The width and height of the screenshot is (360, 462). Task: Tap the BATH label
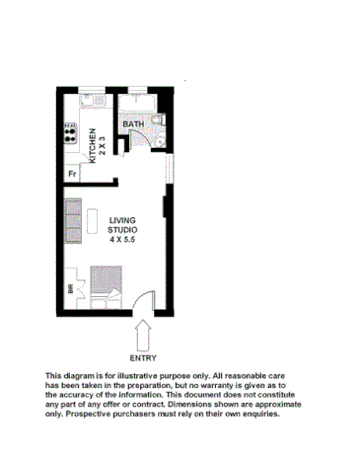click(x=134, y=123)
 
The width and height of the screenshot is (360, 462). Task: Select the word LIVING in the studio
click(x=122, y=220)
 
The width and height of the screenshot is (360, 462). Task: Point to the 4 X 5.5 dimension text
click(x=122, y=239)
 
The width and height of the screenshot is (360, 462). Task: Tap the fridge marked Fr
click(x=72, y=175)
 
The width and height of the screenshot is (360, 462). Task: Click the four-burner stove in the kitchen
click(x=72, y=132)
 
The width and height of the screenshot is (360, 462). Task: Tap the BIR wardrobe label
click(x=70, y=289)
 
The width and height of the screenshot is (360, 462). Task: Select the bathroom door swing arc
click(x=138, y=139)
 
